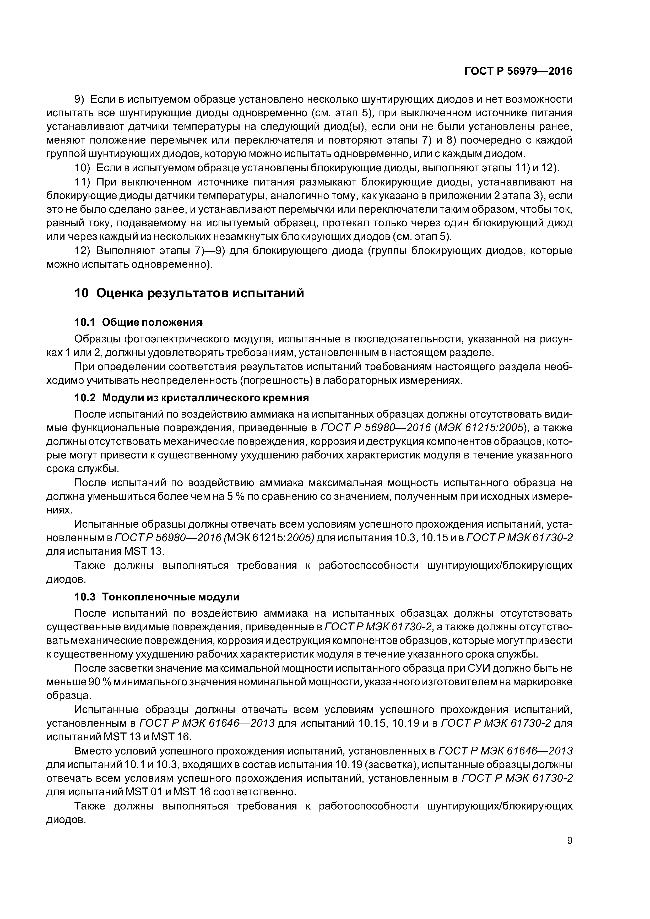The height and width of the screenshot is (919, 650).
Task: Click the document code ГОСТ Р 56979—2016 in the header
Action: click(x=518, y=71)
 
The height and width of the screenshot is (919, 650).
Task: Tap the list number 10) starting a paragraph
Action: click(x=83, y=168)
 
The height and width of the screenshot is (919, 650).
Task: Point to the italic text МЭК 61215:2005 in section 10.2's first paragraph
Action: click(x=481, y=428)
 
